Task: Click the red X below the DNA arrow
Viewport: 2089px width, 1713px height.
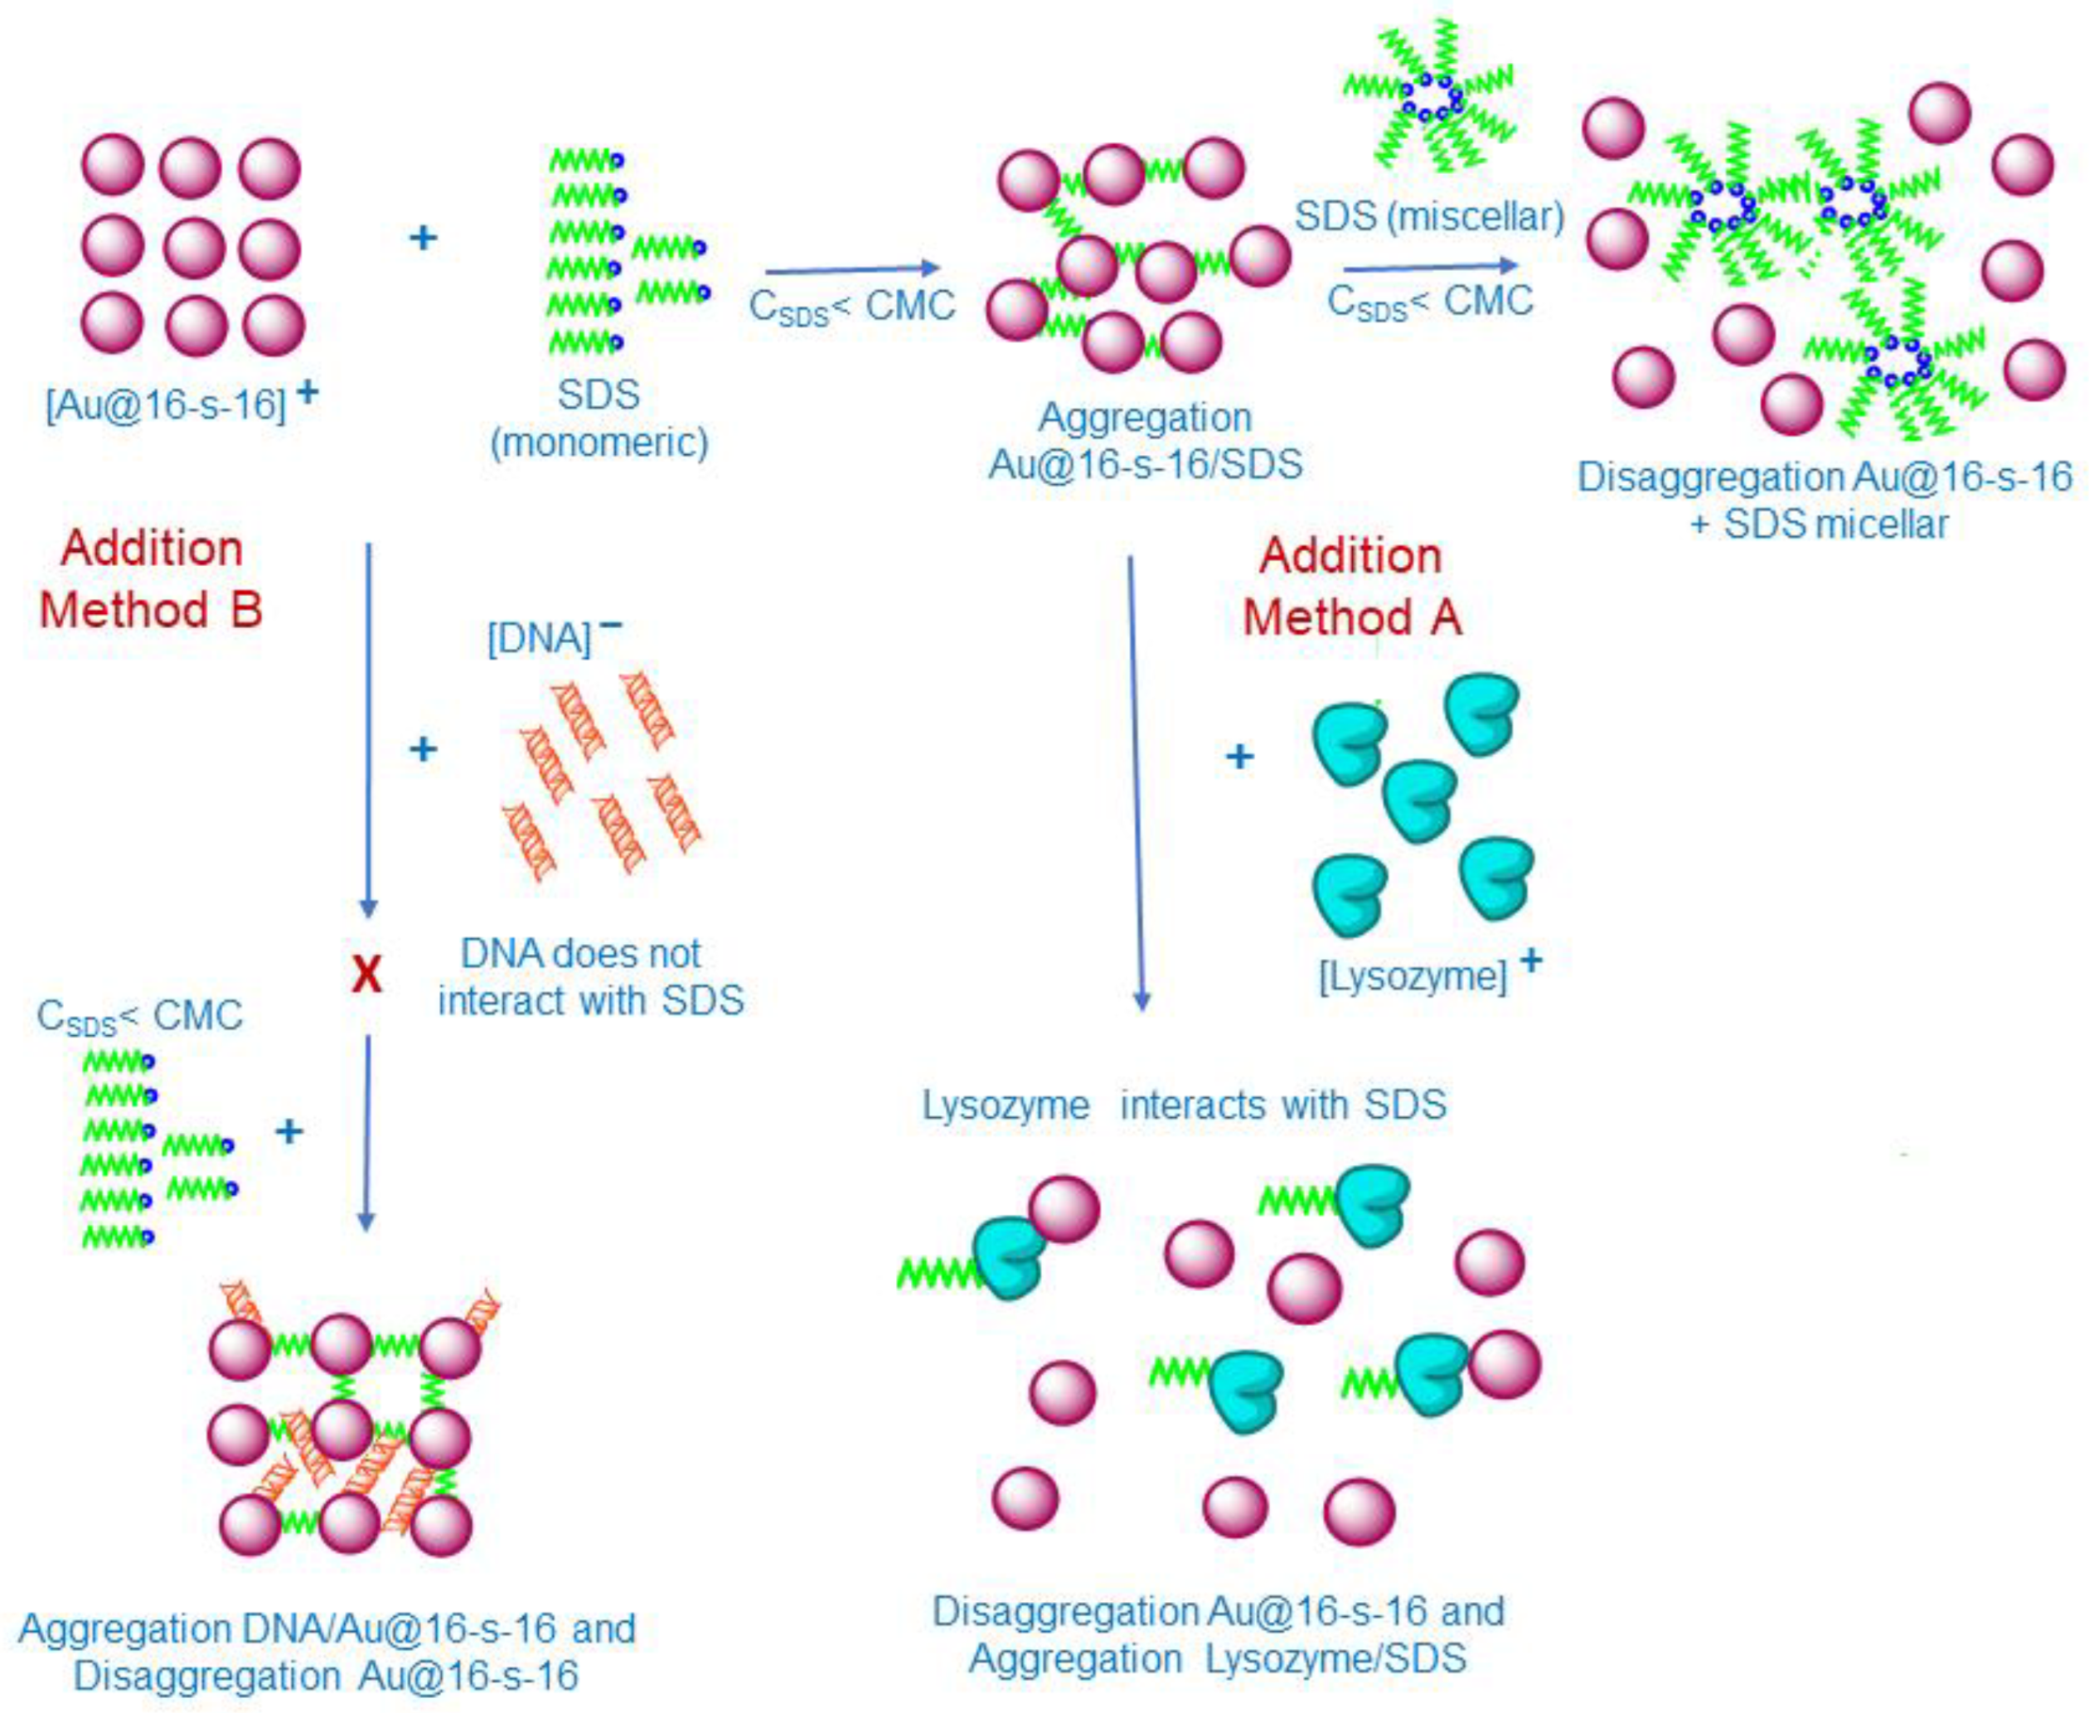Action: pos(366,975)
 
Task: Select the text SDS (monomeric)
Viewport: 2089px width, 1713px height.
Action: pos(599,419)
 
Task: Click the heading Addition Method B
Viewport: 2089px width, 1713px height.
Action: pos(151,578)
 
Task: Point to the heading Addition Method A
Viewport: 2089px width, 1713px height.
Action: pos(1351,586)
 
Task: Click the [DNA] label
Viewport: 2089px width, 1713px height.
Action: pos(540,637)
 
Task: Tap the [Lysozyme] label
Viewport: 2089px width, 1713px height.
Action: pos(1413,976)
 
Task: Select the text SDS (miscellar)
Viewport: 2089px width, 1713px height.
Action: pos(1429,216)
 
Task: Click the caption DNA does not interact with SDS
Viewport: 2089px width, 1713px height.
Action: pos(590,977)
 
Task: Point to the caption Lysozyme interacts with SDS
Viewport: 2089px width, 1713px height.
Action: pos(1184,1104)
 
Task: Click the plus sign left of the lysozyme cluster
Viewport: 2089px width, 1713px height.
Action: pos(1239,757)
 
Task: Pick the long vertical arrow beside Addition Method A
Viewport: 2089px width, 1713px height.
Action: pos(1136,780)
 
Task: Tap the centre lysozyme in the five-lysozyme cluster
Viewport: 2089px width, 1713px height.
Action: pos(1419,798)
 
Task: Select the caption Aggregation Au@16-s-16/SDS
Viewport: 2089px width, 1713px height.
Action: pos(1145,440)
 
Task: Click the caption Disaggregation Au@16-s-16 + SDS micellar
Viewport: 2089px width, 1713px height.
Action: pos(1824,501)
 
